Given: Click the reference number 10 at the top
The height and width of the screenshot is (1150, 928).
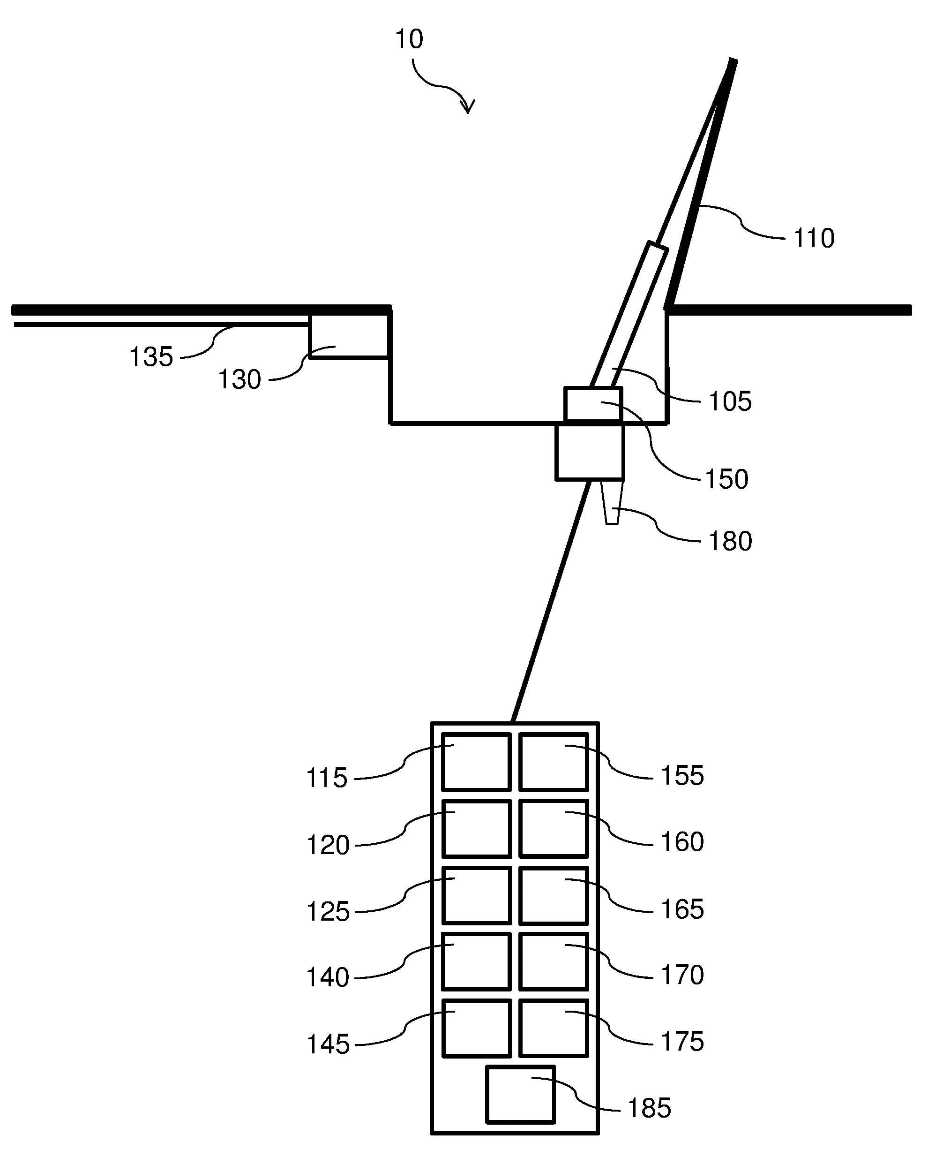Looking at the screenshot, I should click(409, 39).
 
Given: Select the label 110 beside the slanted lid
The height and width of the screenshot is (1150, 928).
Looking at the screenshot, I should click(814, 238).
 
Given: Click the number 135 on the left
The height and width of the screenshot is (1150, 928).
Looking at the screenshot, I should click(151, 357).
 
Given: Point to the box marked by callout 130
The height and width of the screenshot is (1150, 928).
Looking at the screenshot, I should click(349, 335).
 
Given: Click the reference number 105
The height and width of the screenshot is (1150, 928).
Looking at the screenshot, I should click(730, 401).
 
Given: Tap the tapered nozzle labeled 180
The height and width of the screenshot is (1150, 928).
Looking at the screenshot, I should click(612, 503).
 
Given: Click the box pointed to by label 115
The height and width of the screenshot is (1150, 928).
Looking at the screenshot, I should click(476, 762).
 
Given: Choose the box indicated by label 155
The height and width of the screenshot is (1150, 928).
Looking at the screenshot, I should click(553, 762).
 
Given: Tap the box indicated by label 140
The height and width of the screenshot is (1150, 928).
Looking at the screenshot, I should click(476, 961).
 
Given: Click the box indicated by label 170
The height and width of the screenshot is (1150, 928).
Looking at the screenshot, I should click(553, 961).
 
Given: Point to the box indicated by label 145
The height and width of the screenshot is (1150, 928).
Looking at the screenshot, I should click(476, 1028).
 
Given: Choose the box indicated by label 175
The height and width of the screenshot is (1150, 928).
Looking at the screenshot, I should click(553, 1028).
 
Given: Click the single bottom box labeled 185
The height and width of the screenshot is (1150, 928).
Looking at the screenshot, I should click(520, 1094).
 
